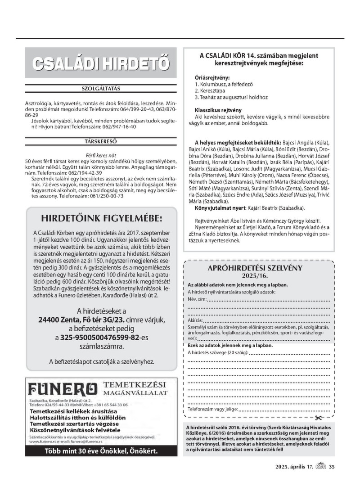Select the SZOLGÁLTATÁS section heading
pyautogui.click(x=101, y=88)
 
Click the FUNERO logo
pyautogui.click(x=63, y=388)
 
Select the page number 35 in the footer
pyautogui.click(x=332, y=466)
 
